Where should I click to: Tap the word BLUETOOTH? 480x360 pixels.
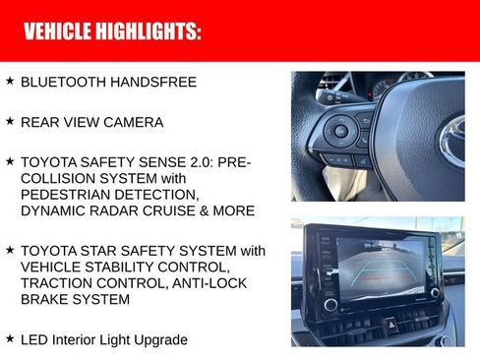coord(65,82)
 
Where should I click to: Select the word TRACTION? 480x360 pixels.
coord(61,282)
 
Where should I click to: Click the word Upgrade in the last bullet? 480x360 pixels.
coord(158,340)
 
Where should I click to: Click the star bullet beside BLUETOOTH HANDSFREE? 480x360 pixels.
coord(10,81)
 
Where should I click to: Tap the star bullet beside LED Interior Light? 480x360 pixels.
coord(10,338)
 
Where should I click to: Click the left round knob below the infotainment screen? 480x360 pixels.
coord(330,304)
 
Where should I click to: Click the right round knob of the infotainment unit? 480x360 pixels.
coord(436,292)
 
